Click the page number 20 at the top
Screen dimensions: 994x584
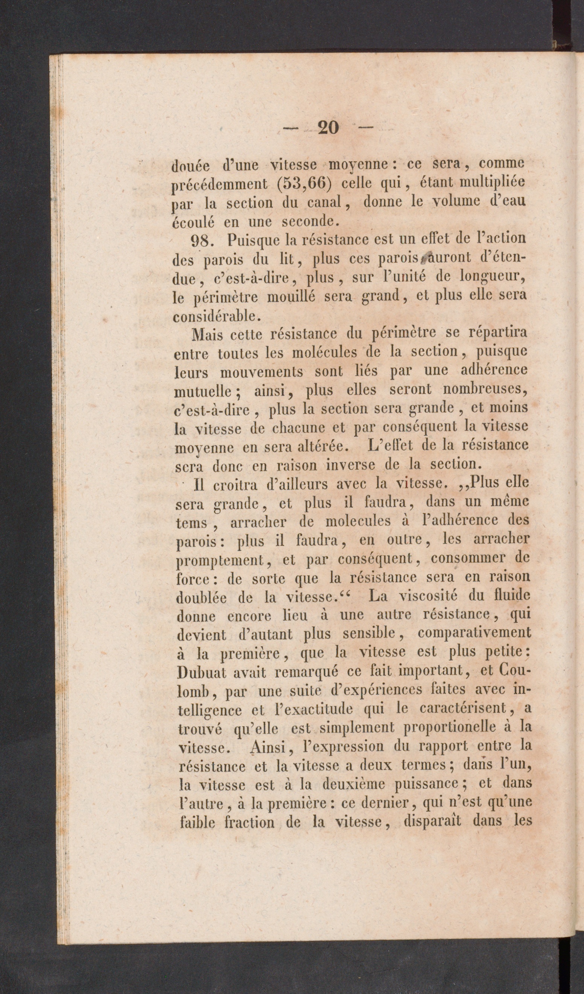(327, 128)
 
